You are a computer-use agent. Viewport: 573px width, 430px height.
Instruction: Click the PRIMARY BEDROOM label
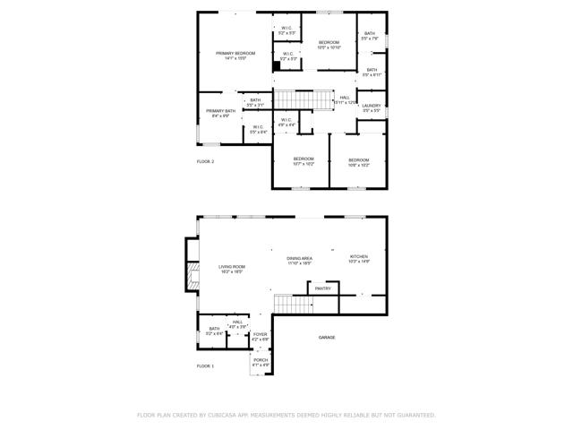click(235, 54)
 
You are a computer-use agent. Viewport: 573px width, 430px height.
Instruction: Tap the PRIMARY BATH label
click(220, 111)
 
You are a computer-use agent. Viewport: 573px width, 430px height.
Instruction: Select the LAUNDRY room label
click(372, 106)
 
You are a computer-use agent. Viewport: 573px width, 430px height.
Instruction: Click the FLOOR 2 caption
click(206, 161)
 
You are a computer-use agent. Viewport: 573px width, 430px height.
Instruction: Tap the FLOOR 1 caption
click(206, 366)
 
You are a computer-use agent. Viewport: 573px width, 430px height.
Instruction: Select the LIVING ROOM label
click(232, 266)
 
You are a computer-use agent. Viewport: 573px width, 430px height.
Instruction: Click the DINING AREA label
click(299, 258)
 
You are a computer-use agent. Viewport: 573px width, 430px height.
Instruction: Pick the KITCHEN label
click(358, 257)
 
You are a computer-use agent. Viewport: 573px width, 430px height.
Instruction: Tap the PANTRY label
click(323, 288)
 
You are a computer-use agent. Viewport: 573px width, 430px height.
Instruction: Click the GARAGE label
click(327, 337)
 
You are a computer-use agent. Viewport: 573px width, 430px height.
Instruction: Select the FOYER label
click(260, 334)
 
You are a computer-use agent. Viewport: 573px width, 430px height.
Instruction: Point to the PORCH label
click(260, 360)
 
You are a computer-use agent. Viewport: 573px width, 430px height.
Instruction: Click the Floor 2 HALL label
click(345, 98)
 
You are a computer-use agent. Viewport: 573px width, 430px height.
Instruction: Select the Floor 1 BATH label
click(214, 329)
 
